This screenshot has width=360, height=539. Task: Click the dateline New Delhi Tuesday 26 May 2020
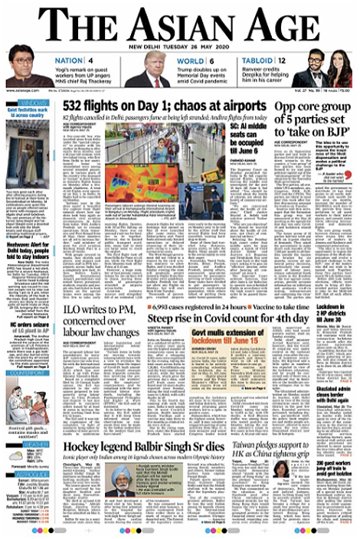180,45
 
